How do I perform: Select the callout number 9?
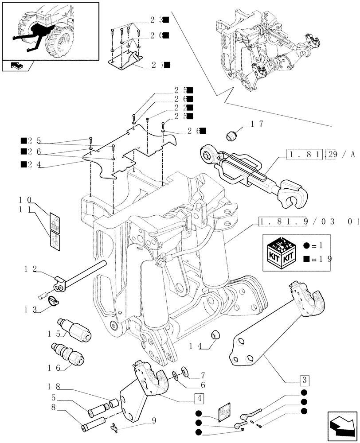click(x=154, y=421)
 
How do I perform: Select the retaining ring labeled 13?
click(x=53, y=301)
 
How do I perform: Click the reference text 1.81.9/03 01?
click(x=308, y=221)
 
